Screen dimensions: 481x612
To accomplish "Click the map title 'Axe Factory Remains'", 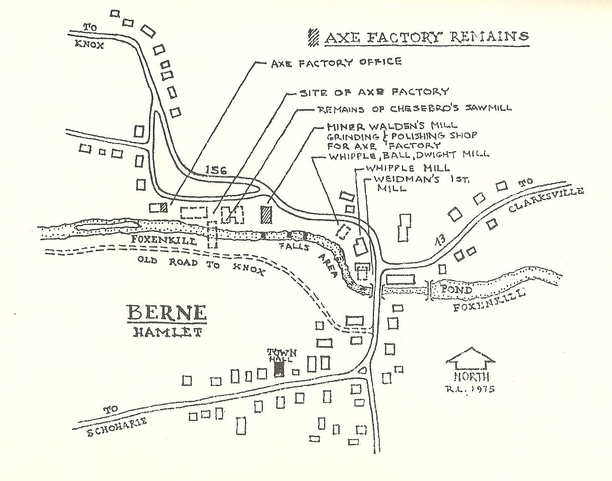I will (426, 37).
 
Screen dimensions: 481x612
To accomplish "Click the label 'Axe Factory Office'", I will (336, 62).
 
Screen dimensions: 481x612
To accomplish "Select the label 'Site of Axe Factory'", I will (374, 92).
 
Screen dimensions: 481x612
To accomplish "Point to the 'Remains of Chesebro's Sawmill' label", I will (414, 109).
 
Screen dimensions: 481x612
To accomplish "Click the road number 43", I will (440, 241).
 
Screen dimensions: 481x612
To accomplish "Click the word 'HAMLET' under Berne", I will (167, 332).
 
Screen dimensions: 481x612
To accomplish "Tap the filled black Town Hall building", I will (279, 369).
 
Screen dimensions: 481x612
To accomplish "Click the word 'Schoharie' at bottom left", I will (117, 425).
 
